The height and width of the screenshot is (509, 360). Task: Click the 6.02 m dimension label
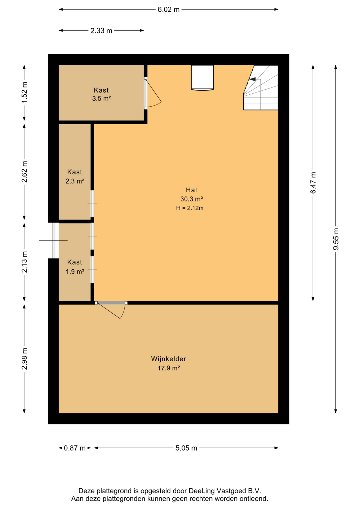(x=168, y=10)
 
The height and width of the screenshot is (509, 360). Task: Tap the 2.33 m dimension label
(x=101, y=31)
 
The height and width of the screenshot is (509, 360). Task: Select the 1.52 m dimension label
(x=24, y=93)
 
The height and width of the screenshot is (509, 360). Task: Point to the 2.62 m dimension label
(x=24, y=172)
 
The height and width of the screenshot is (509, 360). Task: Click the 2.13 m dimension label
(x=24, y=262)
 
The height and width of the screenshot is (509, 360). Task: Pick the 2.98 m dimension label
(x=24, y=359)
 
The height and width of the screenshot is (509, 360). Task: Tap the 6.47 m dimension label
(x=313, y=182)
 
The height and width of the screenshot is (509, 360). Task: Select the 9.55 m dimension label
(x=336, y=239)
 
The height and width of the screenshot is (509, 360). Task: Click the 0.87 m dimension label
(x=75, y=448)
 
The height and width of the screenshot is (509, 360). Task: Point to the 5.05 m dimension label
(x=186, y=448)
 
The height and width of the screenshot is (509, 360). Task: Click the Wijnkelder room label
(x=169, y=359)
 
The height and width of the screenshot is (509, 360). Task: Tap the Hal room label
(x=191, y=190)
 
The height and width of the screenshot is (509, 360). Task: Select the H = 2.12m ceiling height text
(x=190, y=208)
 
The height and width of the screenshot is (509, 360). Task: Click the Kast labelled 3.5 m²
(x=101, y=90)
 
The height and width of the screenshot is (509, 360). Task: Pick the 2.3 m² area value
(x=75, y=181)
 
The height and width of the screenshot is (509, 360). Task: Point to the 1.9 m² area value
(x=75, y=272)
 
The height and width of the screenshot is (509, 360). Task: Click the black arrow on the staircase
(x=252, y=79)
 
